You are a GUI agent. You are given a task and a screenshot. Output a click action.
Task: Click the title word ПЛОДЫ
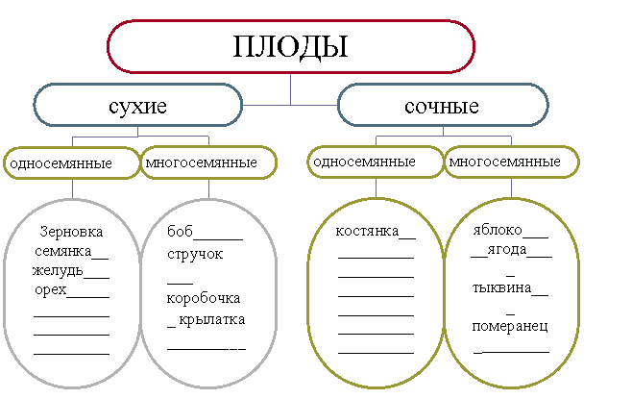pyautogui.click(x=290, y=47)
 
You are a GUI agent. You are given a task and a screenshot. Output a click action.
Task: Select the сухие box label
pyautogui.click(x=138, y=106)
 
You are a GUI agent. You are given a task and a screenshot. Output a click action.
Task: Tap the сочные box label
pyautogui.click(x=442, y=106)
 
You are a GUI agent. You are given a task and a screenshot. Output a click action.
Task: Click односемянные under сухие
pyautogui.click(x=61, y=163)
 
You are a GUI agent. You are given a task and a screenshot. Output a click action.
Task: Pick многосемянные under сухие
pyautogui.click(x=201, y=162)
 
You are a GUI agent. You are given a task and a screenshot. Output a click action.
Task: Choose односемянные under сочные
pyautogui.click(x=364, y=162)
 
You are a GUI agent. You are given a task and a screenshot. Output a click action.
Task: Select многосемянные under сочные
pyautogui.click(x=504, y=162)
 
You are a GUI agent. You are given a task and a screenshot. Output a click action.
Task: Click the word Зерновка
pyautogui.click(x=71, y=232)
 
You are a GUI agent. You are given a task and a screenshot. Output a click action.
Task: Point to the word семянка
pyautogui.click(x=63, y=251)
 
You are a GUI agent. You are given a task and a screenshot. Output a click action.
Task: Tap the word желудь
pyautogui.click(x=58, y=271)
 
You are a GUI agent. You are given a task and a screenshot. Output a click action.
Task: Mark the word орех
pyautogui.click(x=51, y=289)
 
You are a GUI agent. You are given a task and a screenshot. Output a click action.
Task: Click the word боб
pyautogui.click(x=180, y=231)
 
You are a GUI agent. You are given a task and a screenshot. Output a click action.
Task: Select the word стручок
pyautogui.click(x=195, y=254)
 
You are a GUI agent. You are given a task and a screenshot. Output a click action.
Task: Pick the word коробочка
pyautogui.click(x=204, y=298)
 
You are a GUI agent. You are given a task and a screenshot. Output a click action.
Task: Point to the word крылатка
pyautogui.click(x=212, y=319)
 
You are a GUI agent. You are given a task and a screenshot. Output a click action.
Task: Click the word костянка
pyautogui.click(x=367, y=231)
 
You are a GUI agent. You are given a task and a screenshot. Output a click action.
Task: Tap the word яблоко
pyautogui.click(x=498, y=230)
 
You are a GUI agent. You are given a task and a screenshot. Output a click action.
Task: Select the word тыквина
pyautogui.click(x=501, y=287)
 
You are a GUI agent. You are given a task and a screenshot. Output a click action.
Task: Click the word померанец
pyautogui.click(x=510, y=326)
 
